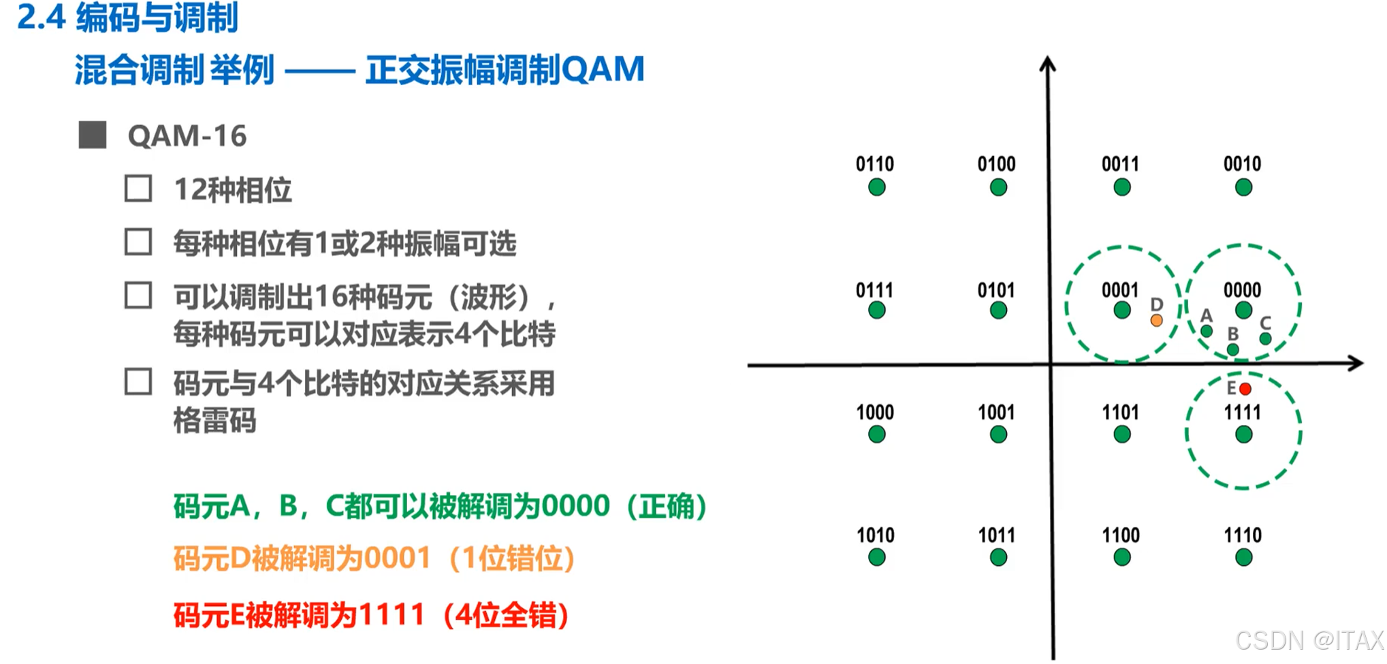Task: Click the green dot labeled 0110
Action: (x=876, y=187)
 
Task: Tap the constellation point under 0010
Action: (x=1243, y=187)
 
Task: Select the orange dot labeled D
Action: (x=1156, y=320)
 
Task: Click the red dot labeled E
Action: (x=1245, y=389)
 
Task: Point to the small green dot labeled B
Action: (x=1233, y=349)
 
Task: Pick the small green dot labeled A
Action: (x=1207, y=331)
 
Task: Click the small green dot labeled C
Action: (x=1265, y=338)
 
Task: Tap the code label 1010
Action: (x=876, y=535)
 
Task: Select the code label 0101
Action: (x=996, y=291)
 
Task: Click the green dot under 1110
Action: (x=1243, y=558)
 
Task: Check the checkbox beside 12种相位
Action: (x=138, y=189)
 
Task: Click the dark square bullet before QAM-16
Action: (x=93, y=135)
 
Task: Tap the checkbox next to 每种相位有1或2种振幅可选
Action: (x=138, y=242)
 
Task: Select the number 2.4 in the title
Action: (x=41, y=18)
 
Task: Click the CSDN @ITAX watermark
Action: (x=1309, y=640)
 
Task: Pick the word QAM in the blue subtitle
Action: (x=603, y=69)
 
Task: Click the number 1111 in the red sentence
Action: (x=392, y=616)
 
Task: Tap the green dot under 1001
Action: (x=998, y=434)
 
